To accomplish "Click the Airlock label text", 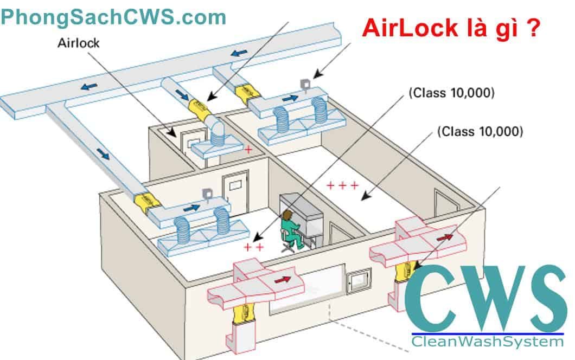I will coord(79,43).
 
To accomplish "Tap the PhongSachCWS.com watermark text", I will coord(113,17).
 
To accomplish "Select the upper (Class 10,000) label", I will coord(451,93).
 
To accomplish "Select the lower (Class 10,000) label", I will coord(480,131).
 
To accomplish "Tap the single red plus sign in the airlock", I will coord(248,149).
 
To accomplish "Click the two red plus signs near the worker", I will coord(253,248).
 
